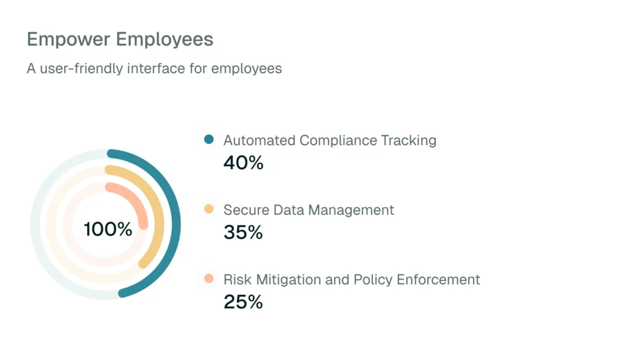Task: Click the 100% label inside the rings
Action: [x=108, y=229]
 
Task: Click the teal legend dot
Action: [x=209, y=139]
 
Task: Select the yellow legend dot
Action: [x=209, y=210]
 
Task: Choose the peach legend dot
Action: [x=209, y=279]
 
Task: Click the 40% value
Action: [x=243, y=163]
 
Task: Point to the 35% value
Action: [x=243, y=233]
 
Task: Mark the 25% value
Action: [x=243, y=302]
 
